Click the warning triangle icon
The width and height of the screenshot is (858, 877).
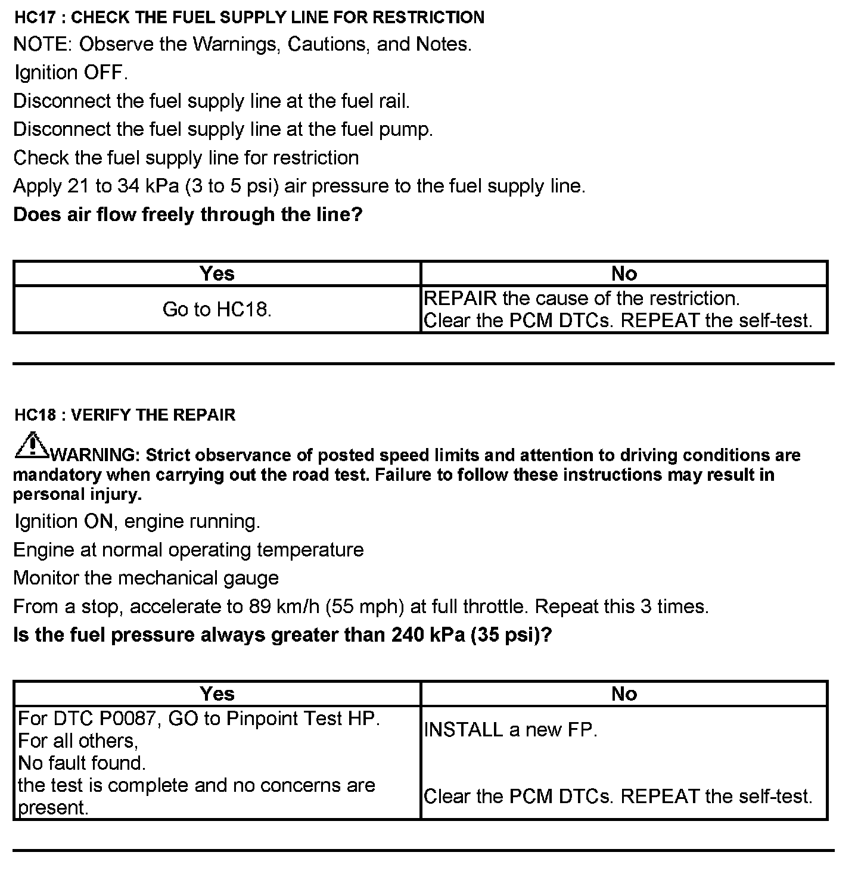pos(31,446)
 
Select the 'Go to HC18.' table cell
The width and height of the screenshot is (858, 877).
pos(217,310)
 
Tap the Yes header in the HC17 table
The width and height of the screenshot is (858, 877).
pos(217,273)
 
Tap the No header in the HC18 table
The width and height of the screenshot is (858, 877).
pos(624,693)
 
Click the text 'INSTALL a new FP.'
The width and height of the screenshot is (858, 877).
pos(511,730)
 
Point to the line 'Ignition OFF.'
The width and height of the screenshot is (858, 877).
pos(71,73)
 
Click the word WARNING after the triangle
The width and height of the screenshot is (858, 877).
pos(95,455)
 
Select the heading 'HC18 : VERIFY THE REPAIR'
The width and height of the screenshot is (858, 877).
pos(125,415)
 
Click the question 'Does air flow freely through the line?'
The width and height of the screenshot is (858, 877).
pos(188,214)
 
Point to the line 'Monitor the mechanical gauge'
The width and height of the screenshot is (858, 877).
pos(146,578)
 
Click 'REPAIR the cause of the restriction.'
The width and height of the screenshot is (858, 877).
pos(582,298)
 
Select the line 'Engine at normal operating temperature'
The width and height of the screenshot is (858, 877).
pos(188,549)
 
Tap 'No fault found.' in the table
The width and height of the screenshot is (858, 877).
pos(82,763)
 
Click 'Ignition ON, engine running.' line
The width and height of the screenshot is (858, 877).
pos(137,521)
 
